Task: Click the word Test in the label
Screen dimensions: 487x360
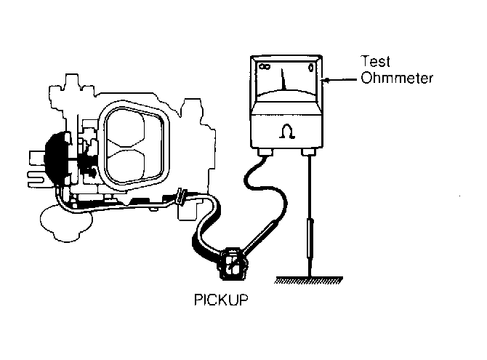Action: click(x=375, y=61)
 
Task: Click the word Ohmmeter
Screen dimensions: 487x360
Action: click(x=397, y=78)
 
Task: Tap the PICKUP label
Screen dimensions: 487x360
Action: click(x=221, y=300)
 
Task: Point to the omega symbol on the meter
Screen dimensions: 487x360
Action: click(x=286, y=131)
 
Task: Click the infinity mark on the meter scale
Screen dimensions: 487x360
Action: click(x=265, y=66)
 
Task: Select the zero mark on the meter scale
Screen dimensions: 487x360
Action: click(x=310, y=67)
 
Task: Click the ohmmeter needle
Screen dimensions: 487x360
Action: click(x=283, y=79)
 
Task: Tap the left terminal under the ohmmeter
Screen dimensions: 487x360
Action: click(x=265, y=152)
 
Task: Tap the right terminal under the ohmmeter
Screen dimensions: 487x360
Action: click(x=309, y=152)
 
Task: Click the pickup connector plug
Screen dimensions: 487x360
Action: click(x=233, y=263)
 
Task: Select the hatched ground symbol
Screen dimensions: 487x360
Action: click(x=308, y=280)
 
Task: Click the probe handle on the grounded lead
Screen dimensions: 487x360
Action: click(x=310, y=239)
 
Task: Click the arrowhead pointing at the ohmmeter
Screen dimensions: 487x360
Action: click(x=327, y=81)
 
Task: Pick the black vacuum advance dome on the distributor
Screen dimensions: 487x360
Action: click(x=56, y=159)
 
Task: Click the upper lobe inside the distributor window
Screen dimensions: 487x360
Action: click(x=126, y=128)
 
